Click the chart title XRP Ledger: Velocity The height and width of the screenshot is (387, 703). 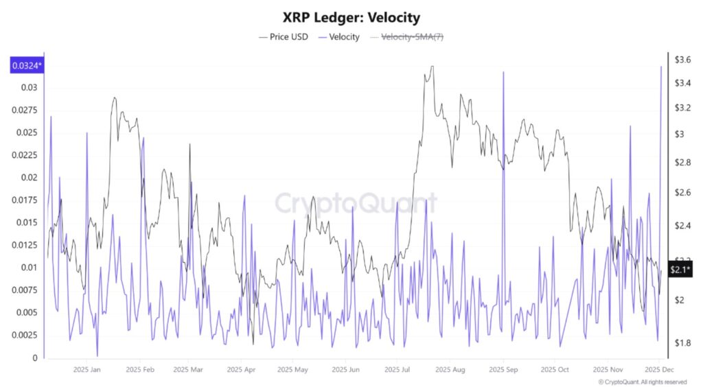pyautogui.click(x=351, y=16)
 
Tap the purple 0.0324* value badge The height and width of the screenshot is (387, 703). pyautogui.click(x=25, y=66)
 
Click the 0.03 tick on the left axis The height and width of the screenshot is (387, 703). pyautogui.click(x=29, y=88)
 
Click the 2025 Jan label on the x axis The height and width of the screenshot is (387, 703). pyautogui.click(x=87, y=370)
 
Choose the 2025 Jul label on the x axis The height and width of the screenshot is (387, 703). pyautogui.click(x=397, y=370)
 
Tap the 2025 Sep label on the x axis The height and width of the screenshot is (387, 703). pyautogui.click(x=503, y=370)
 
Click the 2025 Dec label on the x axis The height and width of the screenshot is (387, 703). pyautogui.click(x=658, y=370)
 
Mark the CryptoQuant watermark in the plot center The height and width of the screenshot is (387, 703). pyautogui.click(x=356, y=203)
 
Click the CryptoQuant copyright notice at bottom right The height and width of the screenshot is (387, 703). pyautogui.click(x=642, y=382)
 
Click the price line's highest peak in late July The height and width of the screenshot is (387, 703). pyautogui.click(x=432, y=67)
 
